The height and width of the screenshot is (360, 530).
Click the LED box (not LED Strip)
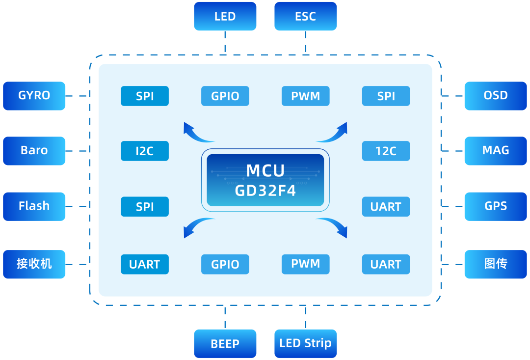[x=225, y=16]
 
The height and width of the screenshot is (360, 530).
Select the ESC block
[x=305, y=16]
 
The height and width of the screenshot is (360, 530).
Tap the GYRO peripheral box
[x=34, y=96]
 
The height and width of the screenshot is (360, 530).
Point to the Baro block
[x=34, y=151]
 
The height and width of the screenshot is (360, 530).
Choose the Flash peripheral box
[x=34, y=206]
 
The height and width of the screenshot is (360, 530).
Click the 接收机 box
[x=34, y=264]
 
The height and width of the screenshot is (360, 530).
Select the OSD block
[x=495, y=96]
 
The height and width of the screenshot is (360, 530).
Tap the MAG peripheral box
[x=495, y=151]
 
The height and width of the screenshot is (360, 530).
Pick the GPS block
[x=495, y=206]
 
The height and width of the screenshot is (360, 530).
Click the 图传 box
[x=495, y=264]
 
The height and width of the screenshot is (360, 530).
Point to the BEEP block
[x=225, y=344]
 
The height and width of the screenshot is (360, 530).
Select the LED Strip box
[x=305, y=343]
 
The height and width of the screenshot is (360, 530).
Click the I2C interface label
[x=145, y=151]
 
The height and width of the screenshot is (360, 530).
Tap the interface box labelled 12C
[x=386, y=151]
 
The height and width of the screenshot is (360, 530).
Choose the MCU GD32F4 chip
[x=265, y=180]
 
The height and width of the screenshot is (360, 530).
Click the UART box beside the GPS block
[x=386, y=207]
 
